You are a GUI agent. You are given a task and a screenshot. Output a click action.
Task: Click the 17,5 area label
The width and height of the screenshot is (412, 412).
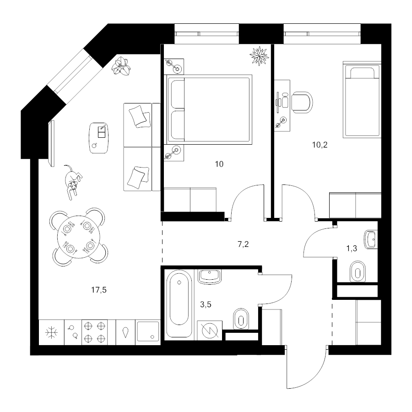(x=99, y=290)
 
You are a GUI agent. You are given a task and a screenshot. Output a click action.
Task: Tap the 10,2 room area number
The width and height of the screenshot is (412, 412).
(x=320, y=145)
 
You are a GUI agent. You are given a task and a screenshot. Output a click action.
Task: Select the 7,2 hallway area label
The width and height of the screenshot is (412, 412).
(x=243, y=244)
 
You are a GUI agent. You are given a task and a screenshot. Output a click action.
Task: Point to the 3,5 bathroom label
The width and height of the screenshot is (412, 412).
(x=206, y=304)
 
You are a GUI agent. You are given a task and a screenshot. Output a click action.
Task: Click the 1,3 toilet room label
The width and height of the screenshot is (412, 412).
(x=352, y=248)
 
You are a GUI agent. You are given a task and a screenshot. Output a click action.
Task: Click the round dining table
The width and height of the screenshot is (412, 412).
(x=79, y=237)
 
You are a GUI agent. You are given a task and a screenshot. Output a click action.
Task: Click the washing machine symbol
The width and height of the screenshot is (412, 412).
(x=210, y=331)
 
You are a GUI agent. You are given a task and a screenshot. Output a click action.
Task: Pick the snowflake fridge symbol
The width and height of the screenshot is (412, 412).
(x=51, y=332)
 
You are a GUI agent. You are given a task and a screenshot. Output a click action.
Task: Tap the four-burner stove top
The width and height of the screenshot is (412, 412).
(x=95, y=332)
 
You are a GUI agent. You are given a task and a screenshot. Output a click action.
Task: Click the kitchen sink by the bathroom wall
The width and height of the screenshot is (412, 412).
(x=148, y=331)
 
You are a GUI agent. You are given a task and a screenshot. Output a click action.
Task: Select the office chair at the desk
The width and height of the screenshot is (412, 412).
(x=302, y=103)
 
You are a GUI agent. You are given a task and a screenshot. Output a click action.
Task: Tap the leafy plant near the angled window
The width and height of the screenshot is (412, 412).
(x=121, y=66)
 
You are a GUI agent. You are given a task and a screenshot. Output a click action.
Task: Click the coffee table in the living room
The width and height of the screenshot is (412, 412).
(x=99, y=138)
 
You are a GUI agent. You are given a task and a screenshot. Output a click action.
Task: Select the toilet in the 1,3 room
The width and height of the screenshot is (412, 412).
(x=358, y=272)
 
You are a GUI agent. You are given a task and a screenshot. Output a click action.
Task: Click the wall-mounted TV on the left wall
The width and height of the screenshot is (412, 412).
(x=52, y=143)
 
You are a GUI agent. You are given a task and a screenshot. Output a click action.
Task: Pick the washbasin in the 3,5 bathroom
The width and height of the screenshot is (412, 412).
(x=210, y=276)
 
